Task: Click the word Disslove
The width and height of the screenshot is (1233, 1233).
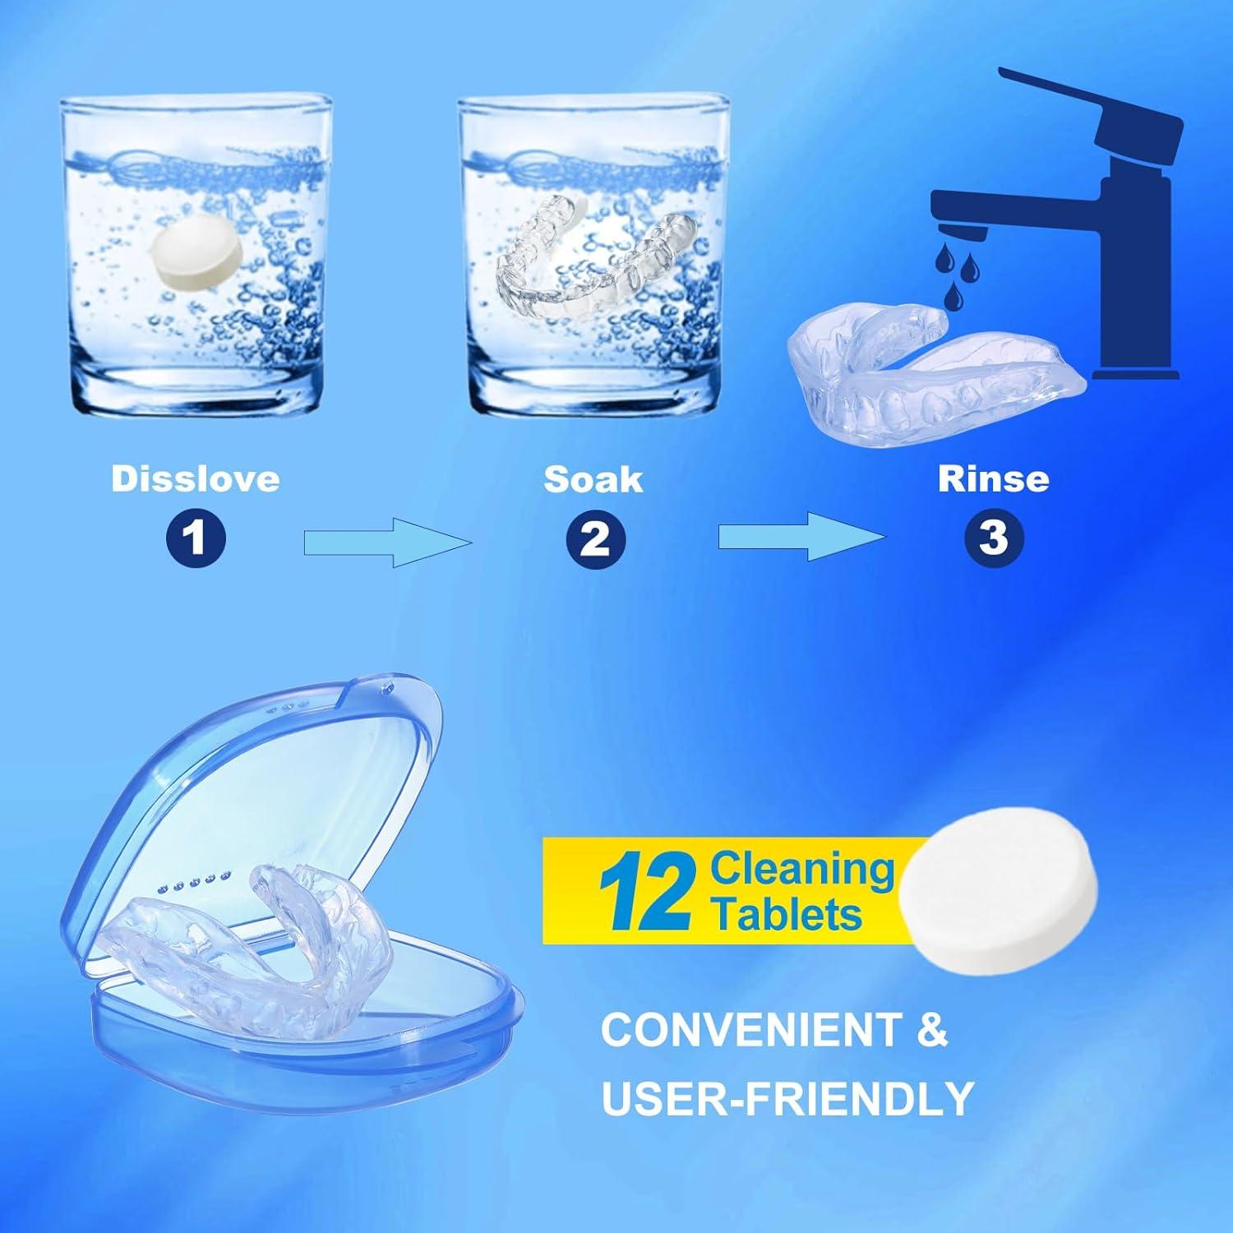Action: click(x=196, y=479)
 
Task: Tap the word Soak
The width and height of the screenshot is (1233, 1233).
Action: click(x=593, y=479)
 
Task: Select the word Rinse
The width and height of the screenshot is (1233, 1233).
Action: click(x=993, y=479)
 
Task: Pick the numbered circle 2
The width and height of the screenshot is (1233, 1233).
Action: click(x=595, y=539)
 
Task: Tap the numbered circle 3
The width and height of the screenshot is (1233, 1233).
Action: click(x=994, y=538)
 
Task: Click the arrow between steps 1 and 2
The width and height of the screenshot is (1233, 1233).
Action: click(x=386, y=543)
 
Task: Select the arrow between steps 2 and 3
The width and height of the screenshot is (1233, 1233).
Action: click(x=801, y=537)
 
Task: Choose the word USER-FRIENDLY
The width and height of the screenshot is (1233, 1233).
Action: click(x=787, y=1097)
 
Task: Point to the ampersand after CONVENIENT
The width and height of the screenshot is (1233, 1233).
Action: click(x=931, y=1030)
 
